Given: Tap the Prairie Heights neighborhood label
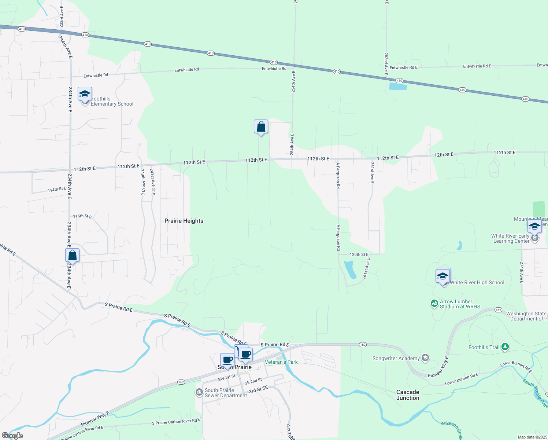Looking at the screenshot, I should coord(184,221).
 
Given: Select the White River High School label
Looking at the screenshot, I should coord(477,282).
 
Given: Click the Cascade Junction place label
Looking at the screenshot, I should coord(408,395).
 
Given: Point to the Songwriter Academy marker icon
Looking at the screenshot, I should coord(425,358).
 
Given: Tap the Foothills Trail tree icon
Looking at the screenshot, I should coord(505,346).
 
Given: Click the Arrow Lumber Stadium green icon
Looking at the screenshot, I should coord(434,304).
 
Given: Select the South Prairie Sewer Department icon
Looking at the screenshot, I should coord(199,393).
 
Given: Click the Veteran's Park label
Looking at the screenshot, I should coord(281,362).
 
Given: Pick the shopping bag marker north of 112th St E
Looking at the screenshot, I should coord(261,127).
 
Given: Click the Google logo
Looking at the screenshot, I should coord(12,436).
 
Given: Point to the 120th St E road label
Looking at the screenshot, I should coord(359,254).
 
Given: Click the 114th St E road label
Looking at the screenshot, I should coord(57,189).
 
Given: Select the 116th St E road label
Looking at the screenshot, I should coord(82,216).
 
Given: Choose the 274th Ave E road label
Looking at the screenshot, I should coord(522,272).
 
